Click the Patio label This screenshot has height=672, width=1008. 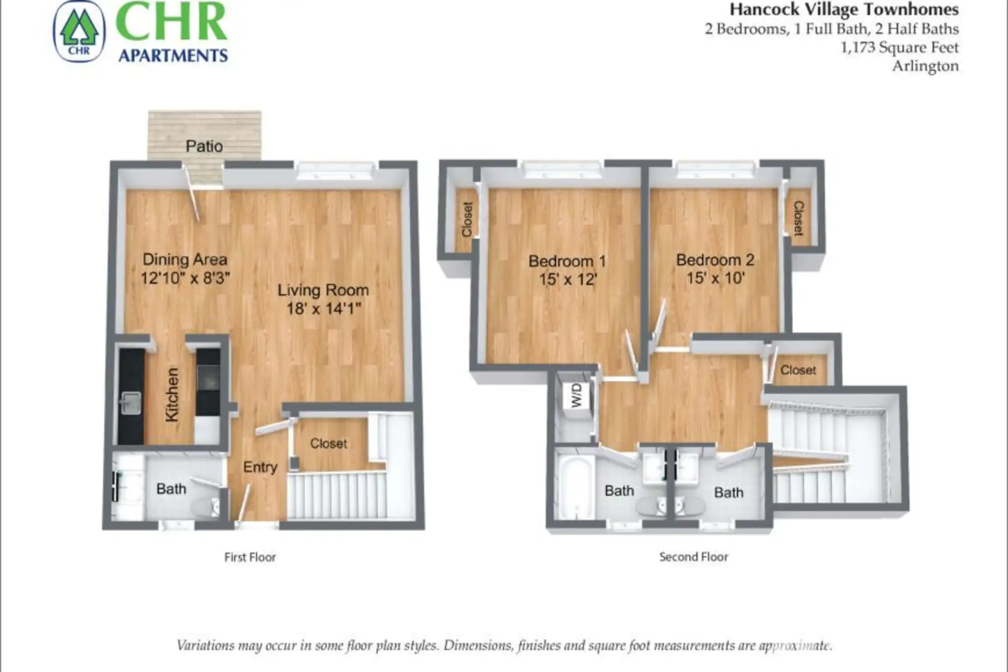click(x=204, y=147)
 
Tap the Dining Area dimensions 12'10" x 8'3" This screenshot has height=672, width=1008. click(x=185, y=278)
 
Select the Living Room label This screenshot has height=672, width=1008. click(x=323, y=290)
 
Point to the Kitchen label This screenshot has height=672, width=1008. click(x=172, y=395)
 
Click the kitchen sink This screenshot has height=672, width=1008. click(x=131, y=403)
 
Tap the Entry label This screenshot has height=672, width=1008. click(x=260, y=467)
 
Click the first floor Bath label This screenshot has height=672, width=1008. click(x=171, y=489)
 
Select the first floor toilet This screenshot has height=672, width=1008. click(x=205, y=507)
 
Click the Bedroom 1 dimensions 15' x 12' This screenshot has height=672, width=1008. click(x=567, y=280)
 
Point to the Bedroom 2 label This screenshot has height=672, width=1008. click(x=715, y=260)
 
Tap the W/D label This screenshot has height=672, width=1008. click(x=577, y=395)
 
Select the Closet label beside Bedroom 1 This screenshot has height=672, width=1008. click(x=467, y=219)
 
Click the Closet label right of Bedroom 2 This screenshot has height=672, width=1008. click(x=798, y=218)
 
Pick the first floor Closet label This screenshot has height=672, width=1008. click(x=329, y=443)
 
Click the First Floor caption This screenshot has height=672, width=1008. click(x=250, y=557)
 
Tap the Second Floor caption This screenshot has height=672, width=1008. click(x=693, y=557)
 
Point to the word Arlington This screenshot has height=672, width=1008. click(x=925, y=66)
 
